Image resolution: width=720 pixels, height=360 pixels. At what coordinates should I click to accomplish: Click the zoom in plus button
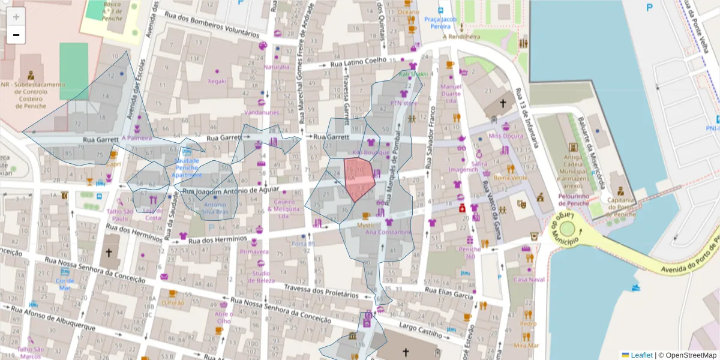tap(16, 17)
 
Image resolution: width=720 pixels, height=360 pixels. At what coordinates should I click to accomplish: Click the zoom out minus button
tap(16, 35)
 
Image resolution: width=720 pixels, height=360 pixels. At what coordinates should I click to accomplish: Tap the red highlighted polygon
tap(359, 178)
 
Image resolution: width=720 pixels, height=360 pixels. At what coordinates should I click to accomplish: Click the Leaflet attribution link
tap(641, 355)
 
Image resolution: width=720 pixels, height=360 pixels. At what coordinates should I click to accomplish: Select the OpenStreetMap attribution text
tap(687, 355)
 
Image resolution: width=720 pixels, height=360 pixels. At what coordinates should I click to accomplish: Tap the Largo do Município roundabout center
tap(565, 229)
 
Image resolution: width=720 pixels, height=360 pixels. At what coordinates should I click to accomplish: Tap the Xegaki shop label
tap(217, 81)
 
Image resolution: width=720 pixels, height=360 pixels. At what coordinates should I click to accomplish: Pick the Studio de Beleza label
tap(260, 277)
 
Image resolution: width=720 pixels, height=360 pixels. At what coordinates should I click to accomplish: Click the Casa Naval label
tap(529, 280)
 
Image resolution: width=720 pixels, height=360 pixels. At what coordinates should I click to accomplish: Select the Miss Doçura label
tap(506, 136)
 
